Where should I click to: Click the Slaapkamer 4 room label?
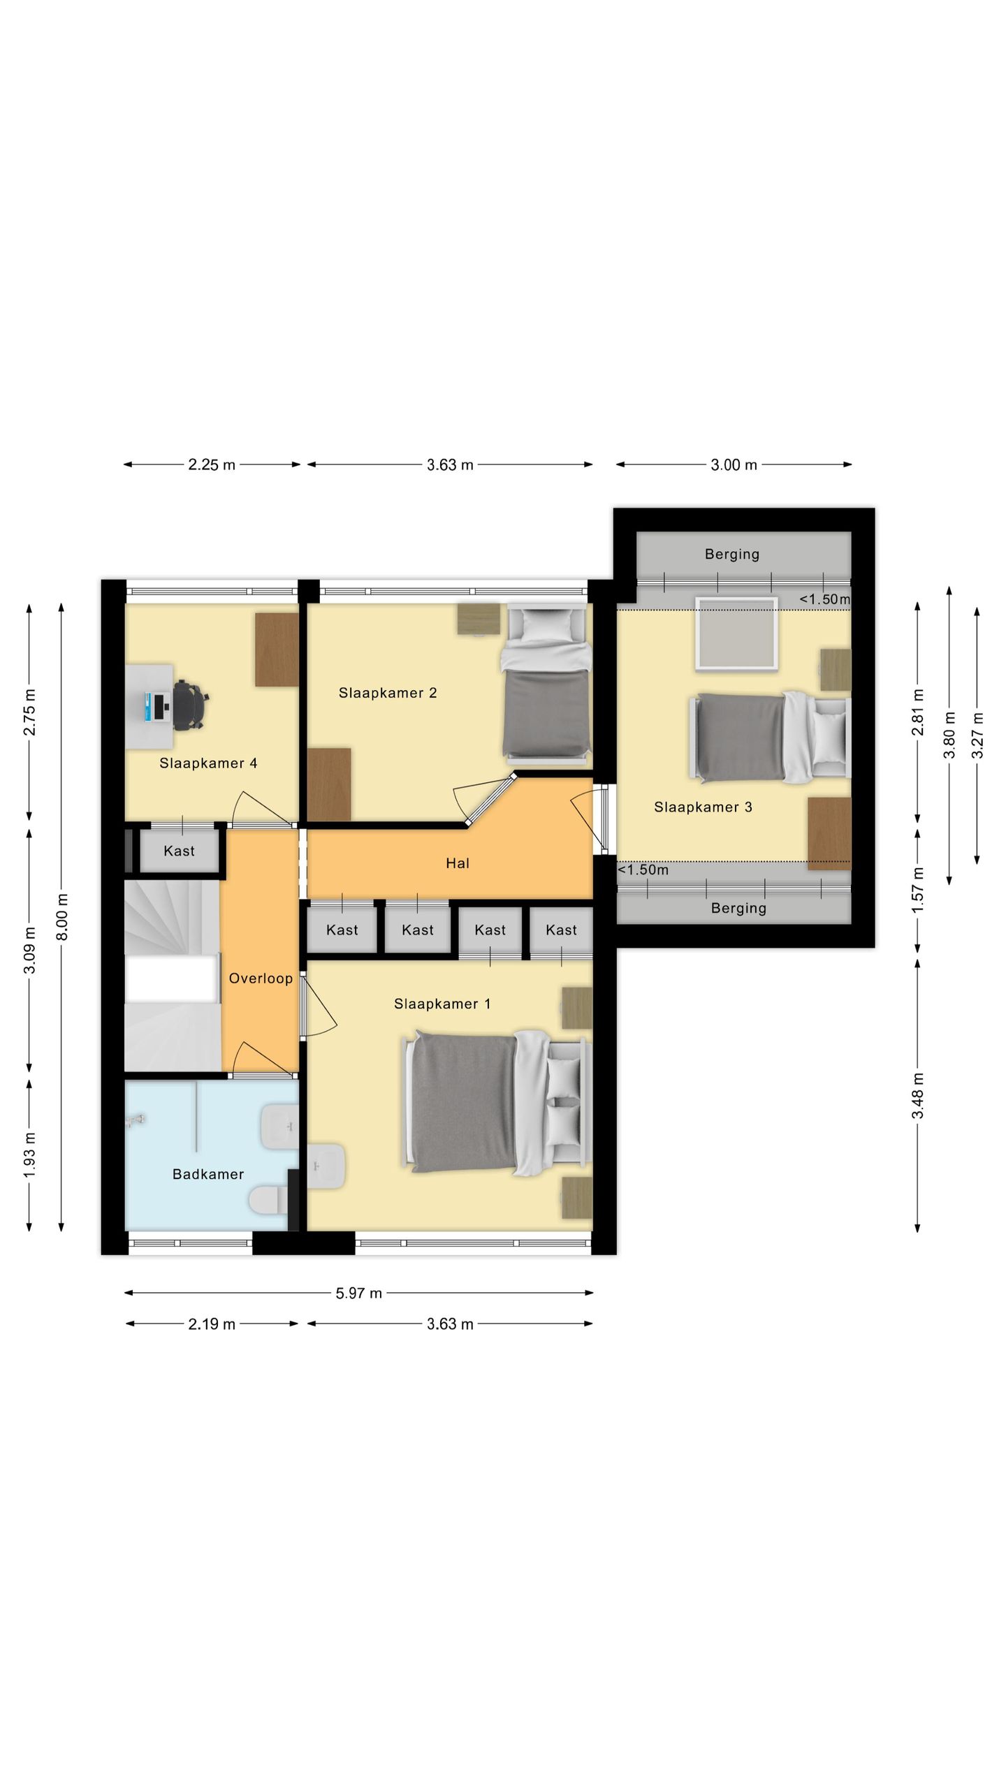click(208, 763)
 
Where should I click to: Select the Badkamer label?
click(208, 1174)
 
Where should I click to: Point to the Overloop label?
click(261, 979)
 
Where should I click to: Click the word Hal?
click(458, 863)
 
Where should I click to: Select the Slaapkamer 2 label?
click(388, 693)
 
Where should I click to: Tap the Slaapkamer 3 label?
click(703, 807)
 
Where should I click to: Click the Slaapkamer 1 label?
click(442, 1004)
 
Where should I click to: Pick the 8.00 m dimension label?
click(62, 916)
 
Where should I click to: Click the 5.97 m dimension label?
click(359, 1293)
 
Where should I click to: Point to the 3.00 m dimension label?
click(734, 464)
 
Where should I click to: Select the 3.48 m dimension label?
click(917, 1096)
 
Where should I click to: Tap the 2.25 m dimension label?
click(212, 464)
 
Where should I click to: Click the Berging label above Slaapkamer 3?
click(731, 555)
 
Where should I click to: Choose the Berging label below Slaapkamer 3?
click(738, 908)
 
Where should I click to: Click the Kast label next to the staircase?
click(179, 851)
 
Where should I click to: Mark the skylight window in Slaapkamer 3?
click(737, 633)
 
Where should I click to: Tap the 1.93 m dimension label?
click(29, 1155)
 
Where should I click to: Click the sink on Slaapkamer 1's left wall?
click(326, 1166)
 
